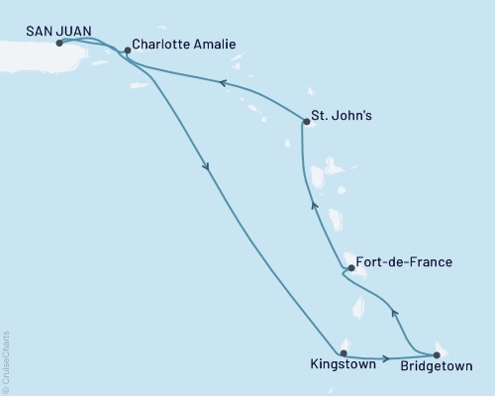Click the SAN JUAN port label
[x=56, y=31]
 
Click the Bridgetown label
[x=437, y=365]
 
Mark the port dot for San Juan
[x=59, y=43]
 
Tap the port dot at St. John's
[x=305, y=122]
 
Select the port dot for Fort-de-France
[x=350, y=267]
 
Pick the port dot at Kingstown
[x=344, y=352]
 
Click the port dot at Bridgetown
[x=436, y=353]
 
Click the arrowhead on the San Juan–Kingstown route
[x=206, y=168]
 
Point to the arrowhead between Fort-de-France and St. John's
[x=314, y=205]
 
